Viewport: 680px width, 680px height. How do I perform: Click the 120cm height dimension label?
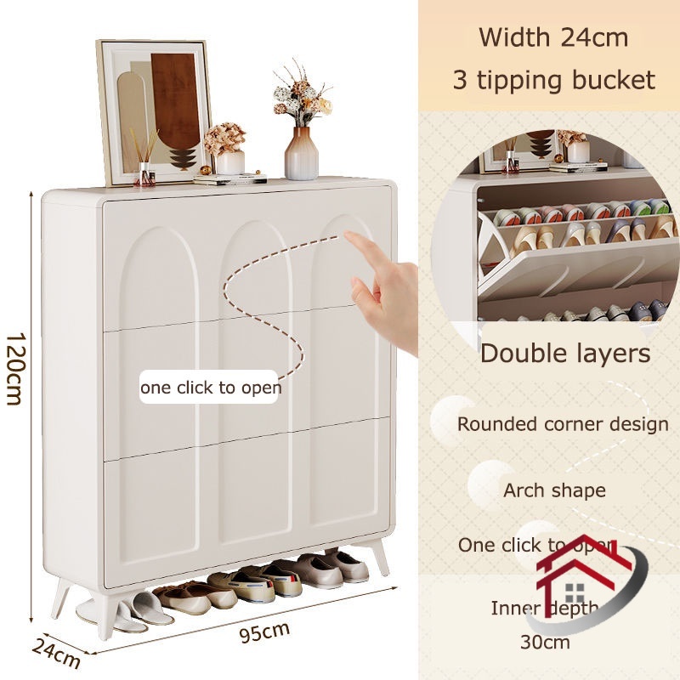(x=14, y=367)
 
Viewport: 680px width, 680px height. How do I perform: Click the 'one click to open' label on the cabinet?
(x=211, y=388)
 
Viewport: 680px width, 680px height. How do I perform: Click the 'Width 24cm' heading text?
(x=553, y=37)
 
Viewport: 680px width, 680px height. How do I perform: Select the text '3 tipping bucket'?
(x=553, y=81)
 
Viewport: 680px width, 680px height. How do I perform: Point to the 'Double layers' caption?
(x=565, y=353)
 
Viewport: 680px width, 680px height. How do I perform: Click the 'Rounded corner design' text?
(x=563, y=423)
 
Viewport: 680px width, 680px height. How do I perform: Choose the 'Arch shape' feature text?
(x=554, y=490)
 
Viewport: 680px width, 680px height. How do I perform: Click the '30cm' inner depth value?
(x=544, y=642)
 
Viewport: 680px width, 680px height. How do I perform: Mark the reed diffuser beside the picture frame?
(x=144, y=161)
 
